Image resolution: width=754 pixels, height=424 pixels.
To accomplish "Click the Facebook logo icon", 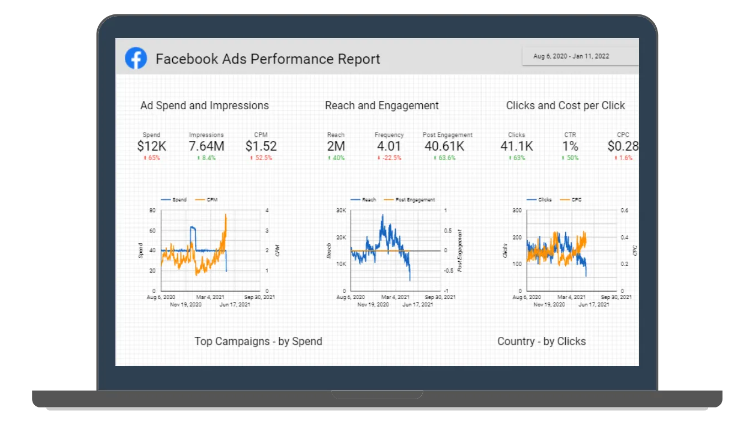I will coord(136,58).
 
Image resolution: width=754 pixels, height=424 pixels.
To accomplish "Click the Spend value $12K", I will coord(151,146).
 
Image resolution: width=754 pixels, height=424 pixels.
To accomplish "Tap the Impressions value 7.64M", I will coord(206,146).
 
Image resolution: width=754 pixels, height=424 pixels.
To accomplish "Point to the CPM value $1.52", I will coord(261,146).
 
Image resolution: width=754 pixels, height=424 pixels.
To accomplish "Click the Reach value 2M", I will coord(336,146).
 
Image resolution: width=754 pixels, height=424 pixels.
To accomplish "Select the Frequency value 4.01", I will coord(389,146).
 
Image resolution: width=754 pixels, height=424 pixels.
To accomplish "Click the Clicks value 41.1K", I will coord(517,146).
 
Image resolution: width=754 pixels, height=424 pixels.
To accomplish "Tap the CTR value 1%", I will coord(570,146).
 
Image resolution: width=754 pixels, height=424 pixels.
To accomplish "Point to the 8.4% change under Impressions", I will coord(206,158).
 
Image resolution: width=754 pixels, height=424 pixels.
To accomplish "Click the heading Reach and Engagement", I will coord(382,105).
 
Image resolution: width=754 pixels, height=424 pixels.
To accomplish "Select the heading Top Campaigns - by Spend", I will coord(258,341).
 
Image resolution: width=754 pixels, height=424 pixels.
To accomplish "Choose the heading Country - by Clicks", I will coord(541,341).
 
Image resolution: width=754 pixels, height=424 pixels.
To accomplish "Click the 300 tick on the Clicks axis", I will coord(517,210).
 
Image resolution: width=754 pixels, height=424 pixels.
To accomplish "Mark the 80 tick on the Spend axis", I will coord(152,210).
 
